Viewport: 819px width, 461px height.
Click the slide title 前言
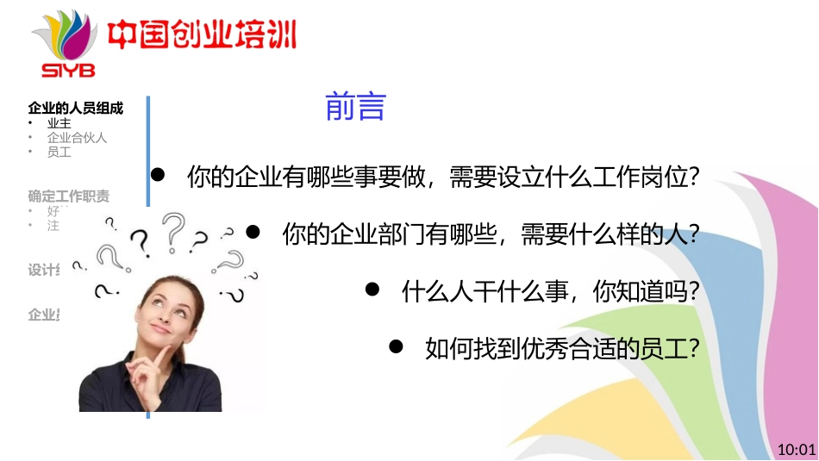[x=354, y=106]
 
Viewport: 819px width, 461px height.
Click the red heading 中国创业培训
[x=202, y=35]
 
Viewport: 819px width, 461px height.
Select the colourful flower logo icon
[x=66, y=34]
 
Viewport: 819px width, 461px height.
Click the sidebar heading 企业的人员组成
[x=76, y=109]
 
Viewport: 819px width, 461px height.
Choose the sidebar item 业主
[x=59, y=123]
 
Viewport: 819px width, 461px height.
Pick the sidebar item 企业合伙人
[x=77, y=137]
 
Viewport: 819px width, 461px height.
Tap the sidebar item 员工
[x=59, y=152]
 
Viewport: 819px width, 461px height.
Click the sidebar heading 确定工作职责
[x=69, y=196]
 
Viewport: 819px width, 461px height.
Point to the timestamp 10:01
[x=796, y=450]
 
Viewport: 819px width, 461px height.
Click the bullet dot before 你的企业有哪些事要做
[x=158, y=175]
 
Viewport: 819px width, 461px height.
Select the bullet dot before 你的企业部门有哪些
[x=253, y=232]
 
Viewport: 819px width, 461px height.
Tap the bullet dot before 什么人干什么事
[x=372, y=290]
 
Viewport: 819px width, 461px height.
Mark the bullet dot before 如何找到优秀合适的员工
[x=397, y=346]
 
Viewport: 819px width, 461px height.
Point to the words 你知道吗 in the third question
[x=642, y=292]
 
